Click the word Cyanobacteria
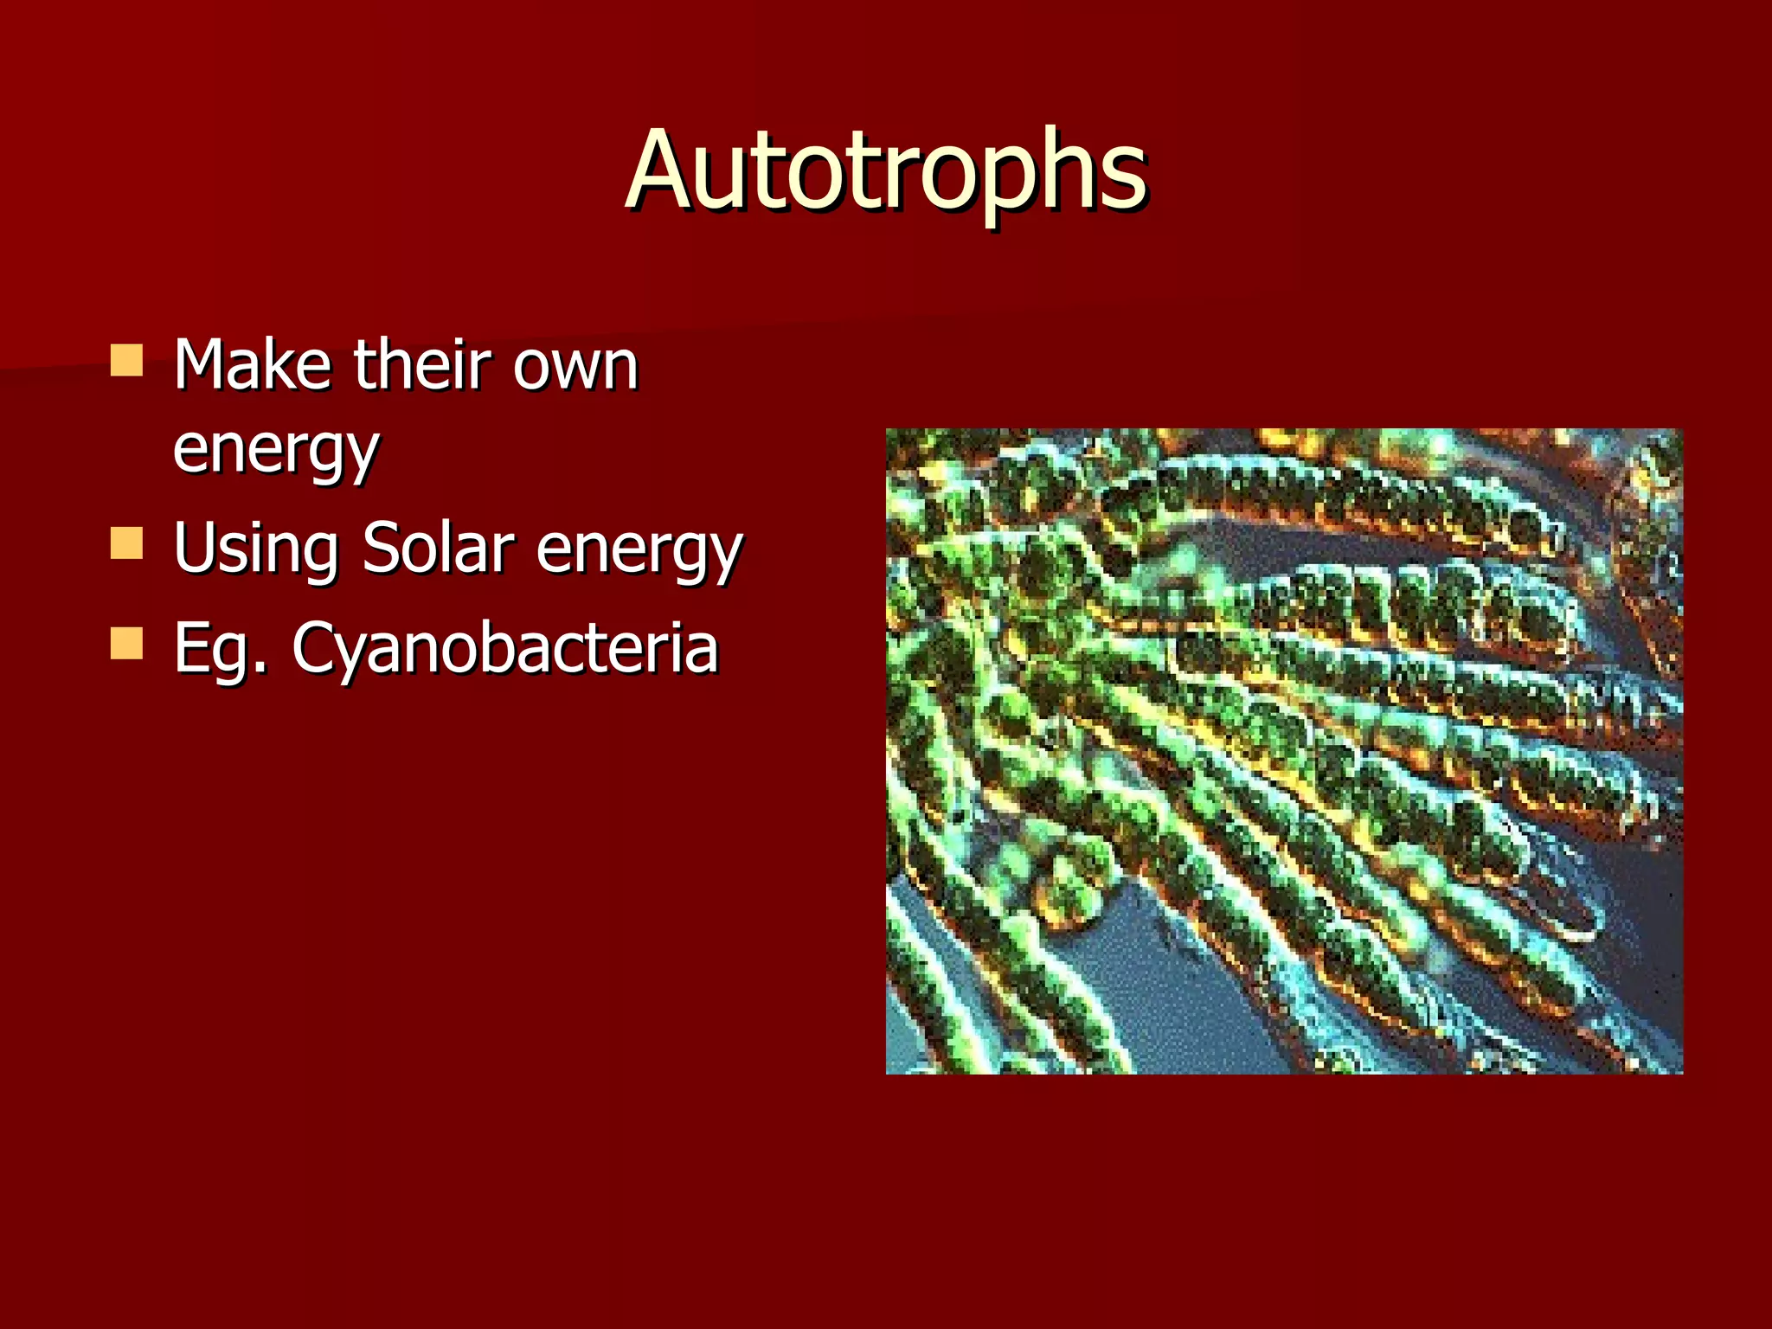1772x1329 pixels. (x=505, y=649)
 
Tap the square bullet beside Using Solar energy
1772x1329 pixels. (x=126, y=544)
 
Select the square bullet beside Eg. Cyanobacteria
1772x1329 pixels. (x=126, y=644)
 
